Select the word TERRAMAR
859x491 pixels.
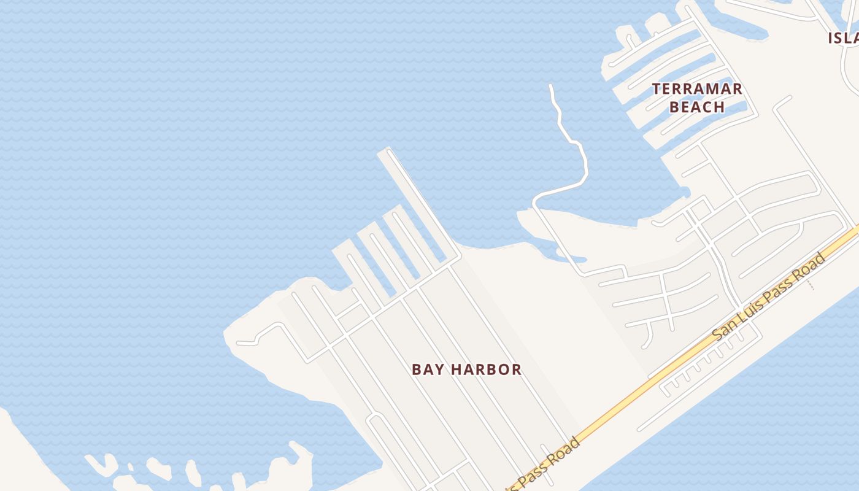coord(697,89)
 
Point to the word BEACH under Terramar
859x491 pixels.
coord(697,107)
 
